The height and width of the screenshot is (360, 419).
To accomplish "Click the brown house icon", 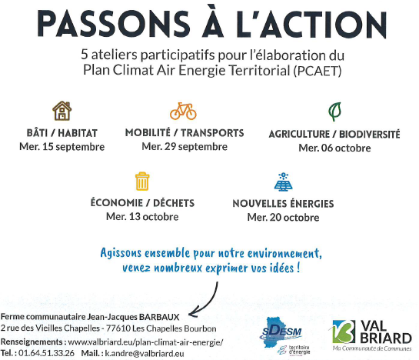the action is tap(62, 111).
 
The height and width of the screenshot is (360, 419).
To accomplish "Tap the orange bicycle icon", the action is tap(183, 111).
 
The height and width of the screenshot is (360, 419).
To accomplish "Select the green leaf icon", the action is tap(335, 112).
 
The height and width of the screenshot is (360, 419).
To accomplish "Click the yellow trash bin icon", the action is tap(142, 181).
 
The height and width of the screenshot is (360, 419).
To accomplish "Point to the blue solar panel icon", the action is tap(283, 182).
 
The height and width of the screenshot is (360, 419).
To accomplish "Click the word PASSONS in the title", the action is tap(114, 24).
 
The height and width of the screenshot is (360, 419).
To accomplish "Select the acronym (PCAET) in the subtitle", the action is tap(318, 71).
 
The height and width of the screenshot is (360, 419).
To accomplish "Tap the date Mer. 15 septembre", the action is tap(62, 147).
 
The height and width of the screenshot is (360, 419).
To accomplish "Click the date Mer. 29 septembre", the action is tap(185, 147).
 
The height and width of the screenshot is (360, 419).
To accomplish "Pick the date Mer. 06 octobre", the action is tap(334, 148).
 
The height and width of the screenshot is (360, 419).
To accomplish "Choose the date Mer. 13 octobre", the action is tap(142, 216).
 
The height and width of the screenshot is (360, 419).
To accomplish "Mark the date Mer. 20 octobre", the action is tap(283, 217).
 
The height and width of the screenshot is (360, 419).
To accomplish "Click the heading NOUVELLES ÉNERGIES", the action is tap(283, 204).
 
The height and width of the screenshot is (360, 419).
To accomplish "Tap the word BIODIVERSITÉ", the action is tap(370, 135).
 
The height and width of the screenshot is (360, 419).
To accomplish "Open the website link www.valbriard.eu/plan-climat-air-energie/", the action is tap(145, 342).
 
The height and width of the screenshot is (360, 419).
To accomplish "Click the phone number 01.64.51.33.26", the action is tap(46, 353).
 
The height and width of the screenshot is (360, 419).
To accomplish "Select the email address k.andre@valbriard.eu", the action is tap(145, 353).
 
